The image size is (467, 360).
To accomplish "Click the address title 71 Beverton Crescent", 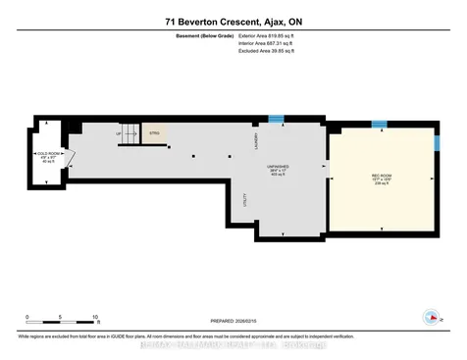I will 233,21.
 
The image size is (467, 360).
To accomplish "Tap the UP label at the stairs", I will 119,134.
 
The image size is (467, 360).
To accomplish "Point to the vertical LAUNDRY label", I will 256,145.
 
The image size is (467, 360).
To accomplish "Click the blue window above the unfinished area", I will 277,119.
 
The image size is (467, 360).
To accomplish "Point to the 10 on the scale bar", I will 95,317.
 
